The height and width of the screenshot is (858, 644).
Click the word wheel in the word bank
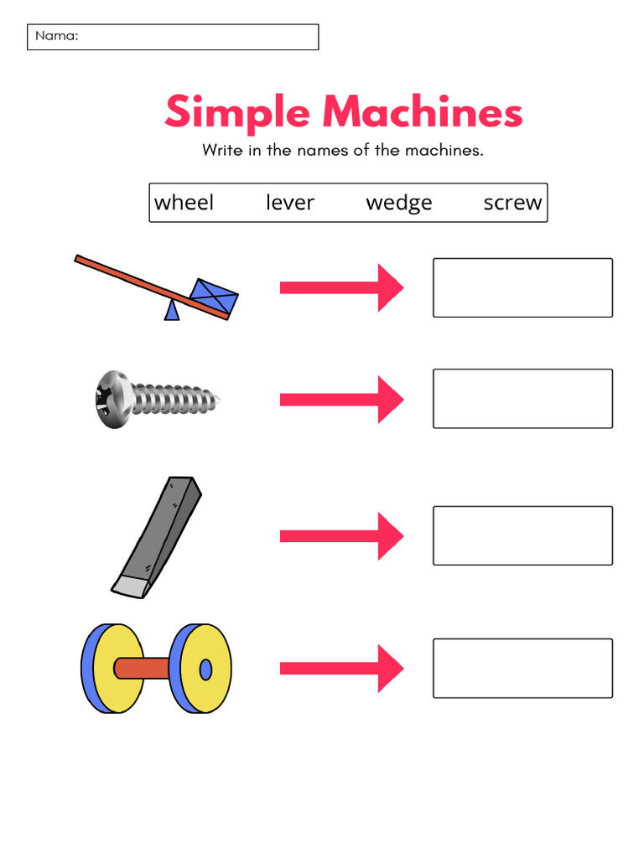click(x=184, y=203)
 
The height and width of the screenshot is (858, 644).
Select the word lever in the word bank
click(x=289, y=203)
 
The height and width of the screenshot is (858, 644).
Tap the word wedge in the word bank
click(x=399, y=203)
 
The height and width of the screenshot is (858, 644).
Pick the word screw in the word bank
click(x=512, y=203)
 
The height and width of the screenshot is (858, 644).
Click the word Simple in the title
click(x=237, y=114)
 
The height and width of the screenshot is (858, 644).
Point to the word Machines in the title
click(x=422, y=114)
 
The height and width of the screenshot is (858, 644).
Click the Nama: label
click(x=56, y=36)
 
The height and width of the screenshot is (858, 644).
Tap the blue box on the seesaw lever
click(x=214, y=297)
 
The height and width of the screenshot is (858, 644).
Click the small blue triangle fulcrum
click(x=172, y=311)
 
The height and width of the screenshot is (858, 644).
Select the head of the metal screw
click(x=112, y=400)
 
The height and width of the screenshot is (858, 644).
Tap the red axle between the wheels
click(x=143, y=668)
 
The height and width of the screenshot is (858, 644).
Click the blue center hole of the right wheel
click(x=205, y=669)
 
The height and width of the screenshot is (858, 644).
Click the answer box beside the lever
click(x=522, y=287)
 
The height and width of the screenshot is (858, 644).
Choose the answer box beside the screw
click(x=522, y=399)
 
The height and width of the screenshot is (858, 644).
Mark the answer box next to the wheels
click(x=522, y=668)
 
